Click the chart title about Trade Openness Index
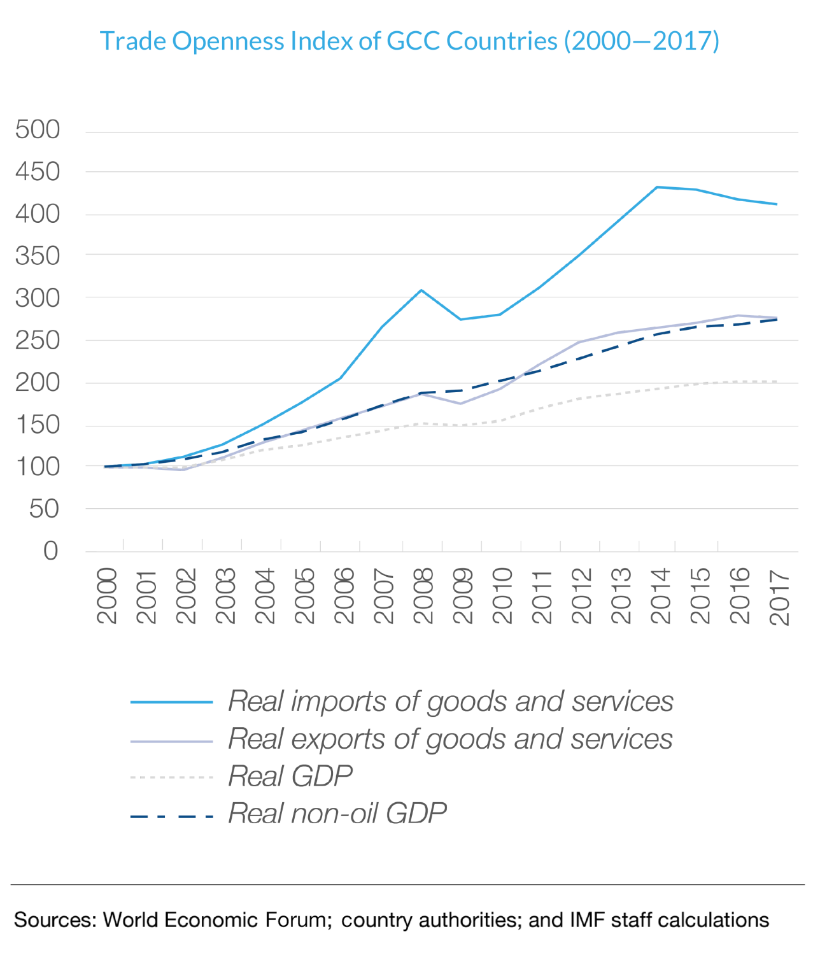click(x=409, y=41)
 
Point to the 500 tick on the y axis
click(x=38, y=130)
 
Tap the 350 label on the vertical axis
click(x=38, y=257)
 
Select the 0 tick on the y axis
click(x=50, y=551)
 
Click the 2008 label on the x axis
click(x=423, y=595)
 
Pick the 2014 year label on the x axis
click(x=661, y=595)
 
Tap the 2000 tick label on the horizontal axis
click(x=107, y=595)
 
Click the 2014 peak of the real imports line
click(x=656, y=187)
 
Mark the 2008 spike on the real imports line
click(x=421, y=290)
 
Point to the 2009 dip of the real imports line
click(x=460, y=319)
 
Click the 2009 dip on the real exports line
click(x=460, y=404)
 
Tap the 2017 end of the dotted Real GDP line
click(x=776, y=382)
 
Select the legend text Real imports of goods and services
click(x=450, y=702)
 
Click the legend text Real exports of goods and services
click(x=450, y=739)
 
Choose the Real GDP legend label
click(x=290, y=776)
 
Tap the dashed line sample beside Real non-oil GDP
click(x=171, y=816)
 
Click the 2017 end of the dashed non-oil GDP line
click(x=776, y=320)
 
